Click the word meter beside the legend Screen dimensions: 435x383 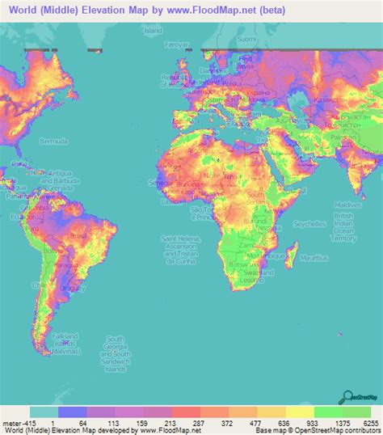click(x=11, y=423)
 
